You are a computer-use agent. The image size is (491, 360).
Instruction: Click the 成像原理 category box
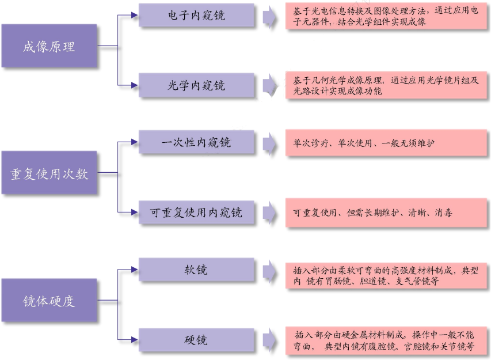point(49,46)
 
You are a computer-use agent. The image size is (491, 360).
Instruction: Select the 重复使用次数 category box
point(49,173)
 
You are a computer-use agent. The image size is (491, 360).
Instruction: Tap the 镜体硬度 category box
point(49,300)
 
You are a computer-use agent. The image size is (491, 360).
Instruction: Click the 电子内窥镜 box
point(196,16)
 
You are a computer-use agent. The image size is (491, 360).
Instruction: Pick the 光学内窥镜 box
point(196,85)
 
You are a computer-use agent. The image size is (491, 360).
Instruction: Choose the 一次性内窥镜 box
point(196,142)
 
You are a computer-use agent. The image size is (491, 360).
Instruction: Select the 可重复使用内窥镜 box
point(196,213)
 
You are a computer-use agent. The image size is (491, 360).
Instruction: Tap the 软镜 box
point(196,270)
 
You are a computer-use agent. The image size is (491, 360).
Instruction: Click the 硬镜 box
point(196,340)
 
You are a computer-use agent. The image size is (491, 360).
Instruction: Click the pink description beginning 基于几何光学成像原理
point(386,85)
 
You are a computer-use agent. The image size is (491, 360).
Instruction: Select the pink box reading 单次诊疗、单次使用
point(386,143)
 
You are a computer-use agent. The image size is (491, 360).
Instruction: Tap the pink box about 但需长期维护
point(386,213)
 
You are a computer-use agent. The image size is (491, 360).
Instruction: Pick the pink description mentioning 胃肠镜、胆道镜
point(386,275)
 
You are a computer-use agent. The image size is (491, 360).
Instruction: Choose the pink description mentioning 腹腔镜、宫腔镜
point(386,340)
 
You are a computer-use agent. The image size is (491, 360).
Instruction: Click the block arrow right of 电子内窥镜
point(269,16)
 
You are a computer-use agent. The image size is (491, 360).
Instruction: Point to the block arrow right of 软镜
point(269,270)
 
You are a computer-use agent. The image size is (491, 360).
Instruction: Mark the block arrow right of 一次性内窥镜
point(269,143)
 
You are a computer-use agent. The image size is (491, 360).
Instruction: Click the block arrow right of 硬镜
point(269,340)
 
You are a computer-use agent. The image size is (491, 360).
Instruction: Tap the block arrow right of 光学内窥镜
point(269,85)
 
